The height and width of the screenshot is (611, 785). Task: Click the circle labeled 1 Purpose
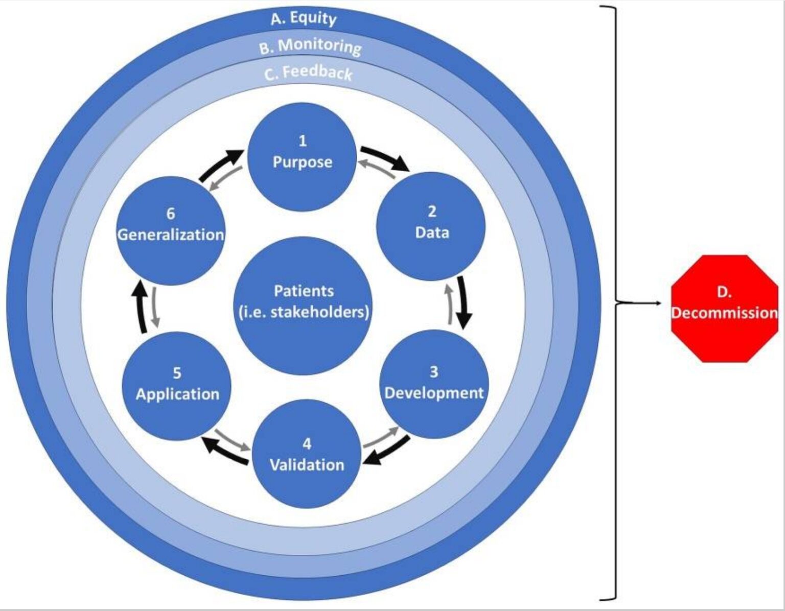[302, 156]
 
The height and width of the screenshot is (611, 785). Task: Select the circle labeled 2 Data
[431, 226]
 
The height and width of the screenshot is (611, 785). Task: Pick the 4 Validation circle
[307, 454]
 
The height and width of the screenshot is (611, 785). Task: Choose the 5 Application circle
[177, 386]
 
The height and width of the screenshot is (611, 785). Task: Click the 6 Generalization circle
[171, 231]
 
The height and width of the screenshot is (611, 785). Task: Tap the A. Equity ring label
[304, 19]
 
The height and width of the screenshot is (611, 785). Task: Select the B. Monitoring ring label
[310, 46]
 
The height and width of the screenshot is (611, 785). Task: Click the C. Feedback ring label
[309, 73]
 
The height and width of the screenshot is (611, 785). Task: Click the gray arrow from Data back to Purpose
[376, 168]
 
